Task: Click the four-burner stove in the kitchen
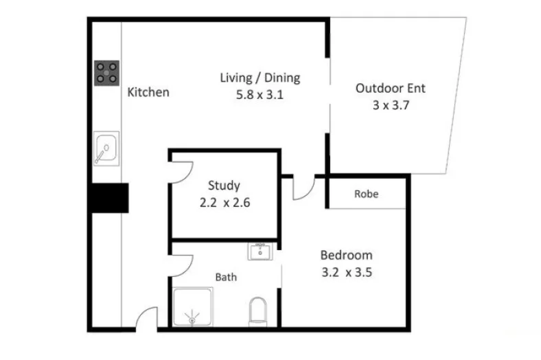point(106,71)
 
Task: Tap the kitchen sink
point(105,148)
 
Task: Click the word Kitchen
point(148,92)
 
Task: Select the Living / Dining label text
point(260,78)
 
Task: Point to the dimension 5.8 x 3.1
point(260,95)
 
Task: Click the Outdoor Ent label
point(390,88)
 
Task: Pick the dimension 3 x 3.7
point(390,105)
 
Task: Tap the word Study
point(224,185)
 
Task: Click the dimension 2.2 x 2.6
point(224,203)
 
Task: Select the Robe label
point(366,194)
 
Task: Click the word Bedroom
point(347,255)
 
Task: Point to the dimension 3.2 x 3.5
point(347,272)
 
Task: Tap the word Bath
point(226,278)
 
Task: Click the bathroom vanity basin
point(261,252)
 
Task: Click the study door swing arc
point(183,172)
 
